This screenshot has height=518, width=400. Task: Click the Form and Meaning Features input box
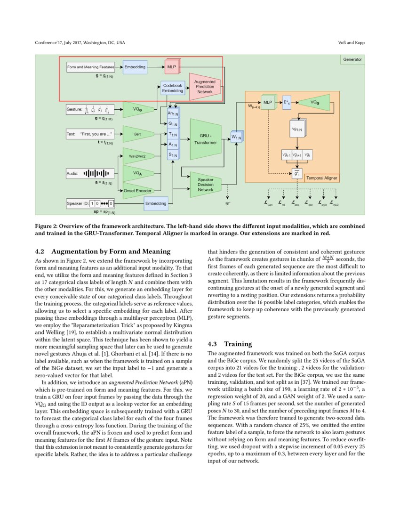[91, 68]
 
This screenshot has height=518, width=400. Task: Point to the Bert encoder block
[137, 134]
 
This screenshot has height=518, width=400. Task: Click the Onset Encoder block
[137, 190]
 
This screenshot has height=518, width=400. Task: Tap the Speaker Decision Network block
[205, 184]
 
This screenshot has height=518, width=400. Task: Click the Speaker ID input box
[90, 203]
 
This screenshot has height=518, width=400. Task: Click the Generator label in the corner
[352, 60]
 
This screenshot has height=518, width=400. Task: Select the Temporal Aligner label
[325, 178]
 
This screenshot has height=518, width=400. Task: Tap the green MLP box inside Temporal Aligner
[267, 102]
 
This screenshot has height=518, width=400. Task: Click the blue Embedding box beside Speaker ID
[155, 203]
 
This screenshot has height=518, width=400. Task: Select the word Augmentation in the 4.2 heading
[76, 251]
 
